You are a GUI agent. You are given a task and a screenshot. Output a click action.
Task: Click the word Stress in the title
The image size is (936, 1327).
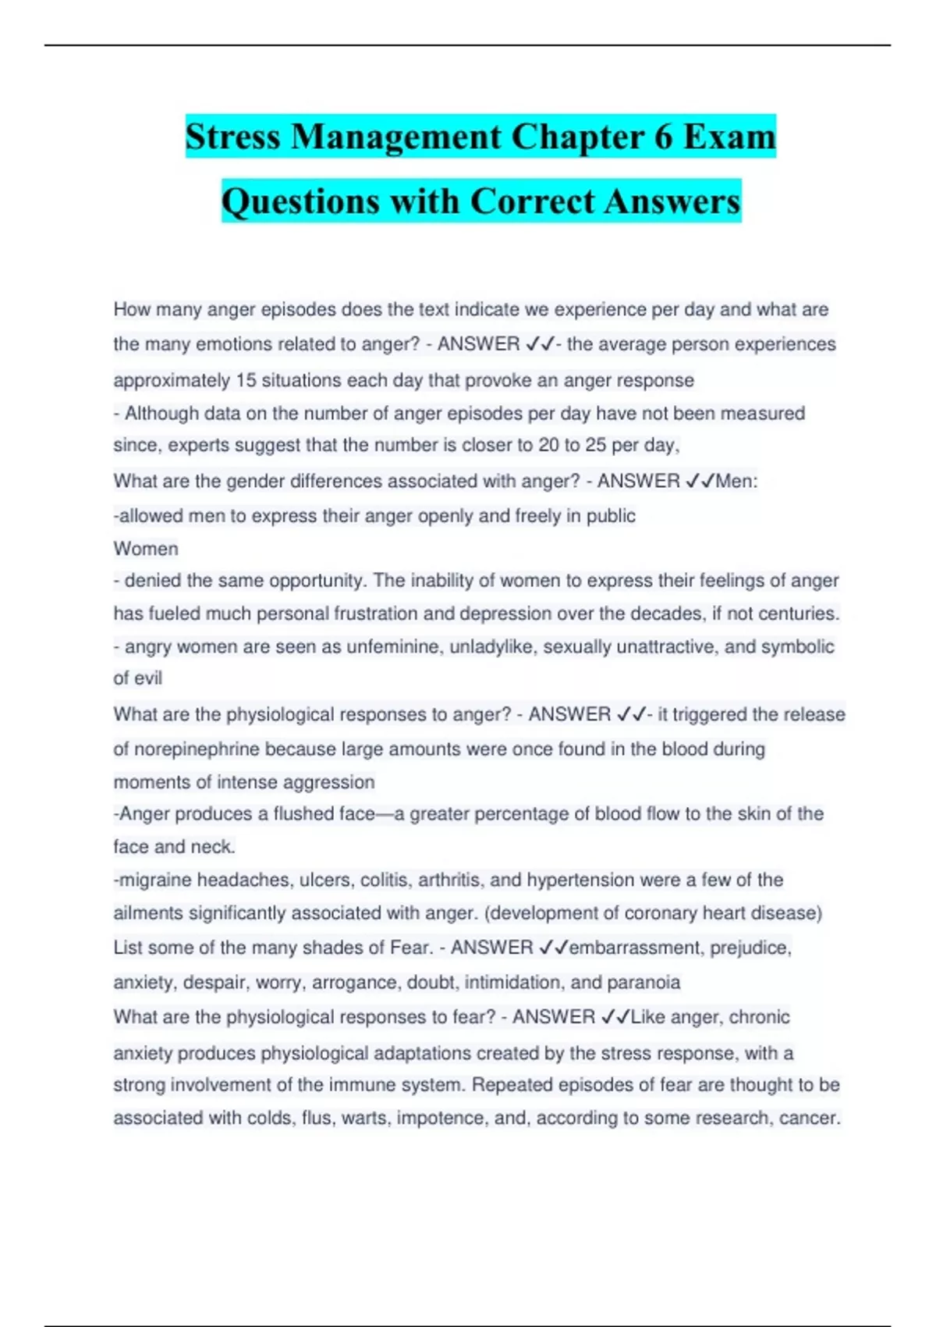pos(232,137)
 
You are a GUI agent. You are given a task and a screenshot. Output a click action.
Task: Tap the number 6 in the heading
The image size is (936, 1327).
pos(663,137)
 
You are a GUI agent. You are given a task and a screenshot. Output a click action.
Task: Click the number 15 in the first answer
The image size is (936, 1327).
pos(246,380)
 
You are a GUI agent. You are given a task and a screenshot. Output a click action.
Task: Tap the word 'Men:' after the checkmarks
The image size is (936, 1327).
pos(736,481)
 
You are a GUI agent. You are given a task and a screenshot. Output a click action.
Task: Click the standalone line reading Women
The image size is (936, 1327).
pos(146,549)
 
